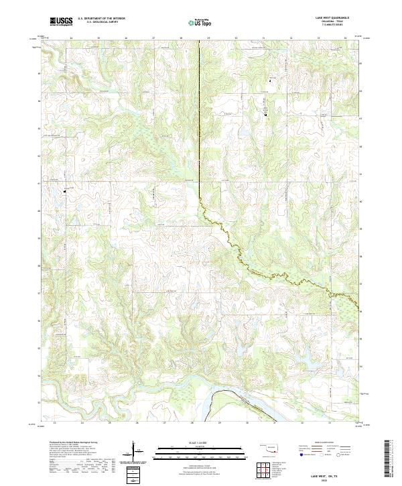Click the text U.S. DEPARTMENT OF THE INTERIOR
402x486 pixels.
point(101,19)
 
